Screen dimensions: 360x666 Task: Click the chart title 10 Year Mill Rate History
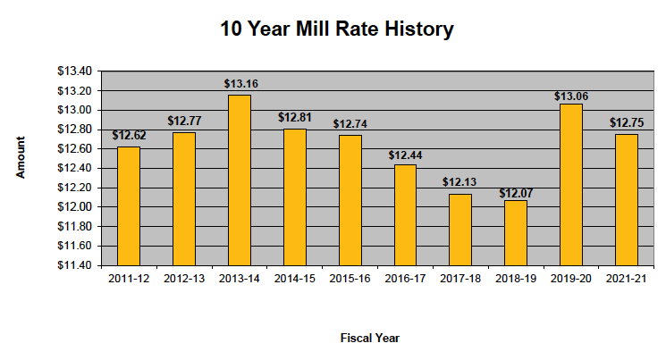[x=337, y=29]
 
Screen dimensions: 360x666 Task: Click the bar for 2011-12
[x=128, y=205]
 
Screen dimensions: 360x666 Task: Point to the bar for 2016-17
[x=404, y=214]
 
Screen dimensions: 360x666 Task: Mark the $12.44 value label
[x=404, y=155]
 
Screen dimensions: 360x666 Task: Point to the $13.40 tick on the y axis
[x=75, y=71]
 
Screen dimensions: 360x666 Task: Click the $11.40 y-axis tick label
[x=75, y=265]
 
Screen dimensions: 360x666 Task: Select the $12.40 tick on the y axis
[x=75, y=168]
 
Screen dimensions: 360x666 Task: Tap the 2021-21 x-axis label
[x=625, y=279]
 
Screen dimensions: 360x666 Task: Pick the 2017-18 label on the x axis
[x=459, y=279]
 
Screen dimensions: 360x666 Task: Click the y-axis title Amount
[x=20, y=158]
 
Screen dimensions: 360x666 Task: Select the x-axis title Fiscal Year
[x=369, y=338]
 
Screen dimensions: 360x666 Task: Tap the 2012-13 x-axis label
[x=183, y=279]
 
